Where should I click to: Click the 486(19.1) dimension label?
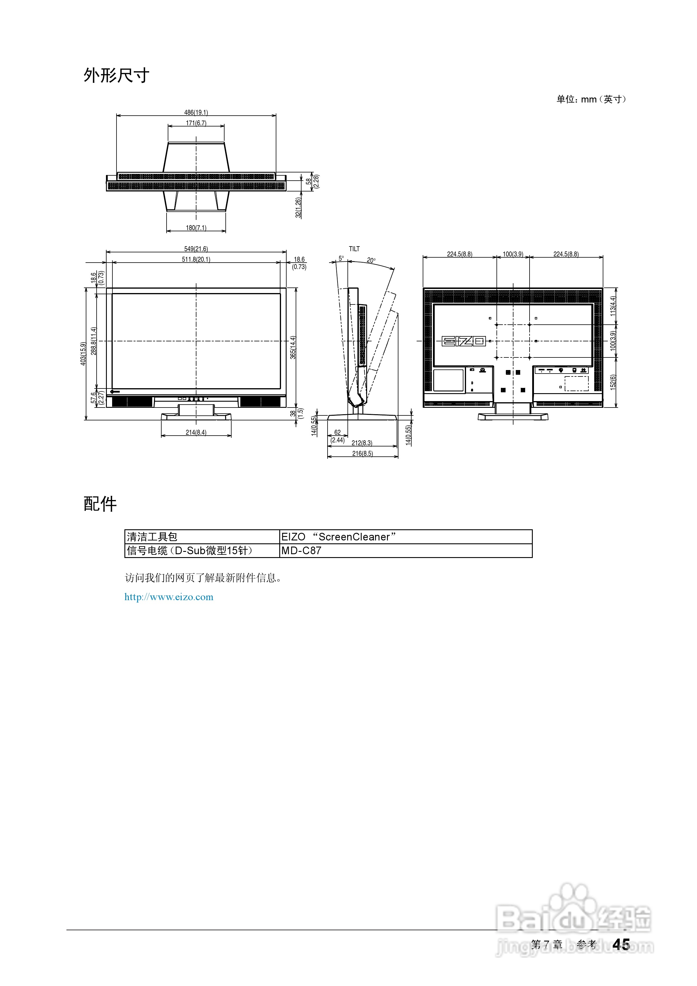[196, 112]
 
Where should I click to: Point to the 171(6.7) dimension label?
[196, 123]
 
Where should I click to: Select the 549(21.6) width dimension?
[196, 249]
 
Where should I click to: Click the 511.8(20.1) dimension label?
[196, 259]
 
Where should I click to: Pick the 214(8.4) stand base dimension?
[196, 432]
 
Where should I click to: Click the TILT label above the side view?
[354, 249]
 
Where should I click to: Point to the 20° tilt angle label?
[371, 260]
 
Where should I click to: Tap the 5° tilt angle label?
[341, 259]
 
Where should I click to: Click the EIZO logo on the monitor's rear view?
[464, 341]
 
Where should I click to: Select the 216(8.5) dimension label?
[362, 453]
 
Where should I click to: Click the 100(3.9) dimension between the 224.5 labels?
[513, 254]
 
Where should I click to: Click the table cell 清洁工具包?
[152, 537]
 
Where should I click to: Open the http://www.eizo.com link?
[169, 597]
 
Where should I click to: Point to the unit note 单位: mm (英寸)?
[591, 100]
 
